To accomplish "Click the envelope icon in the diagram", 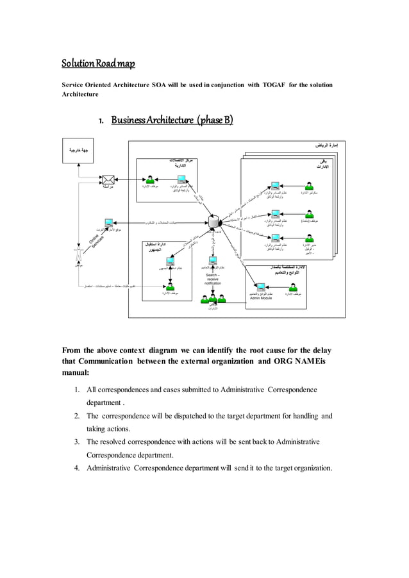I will click(x=108, y=180).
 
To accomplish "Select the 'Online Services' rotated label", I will click(x=97, y=245).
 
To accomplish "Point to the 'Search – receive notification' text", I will click(x=213, y=279).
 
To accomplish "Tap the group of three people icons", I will click(x=213, y=298).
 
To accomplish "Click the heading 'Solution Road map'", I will click(x=98, y=64).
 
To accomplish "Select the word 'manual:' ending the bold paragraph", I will click(x=76, y=372).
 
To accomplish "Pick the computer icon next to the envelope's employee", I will click(x=182, y=179).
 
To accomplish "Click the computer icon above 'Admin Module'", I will click(x=261, y=287).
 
